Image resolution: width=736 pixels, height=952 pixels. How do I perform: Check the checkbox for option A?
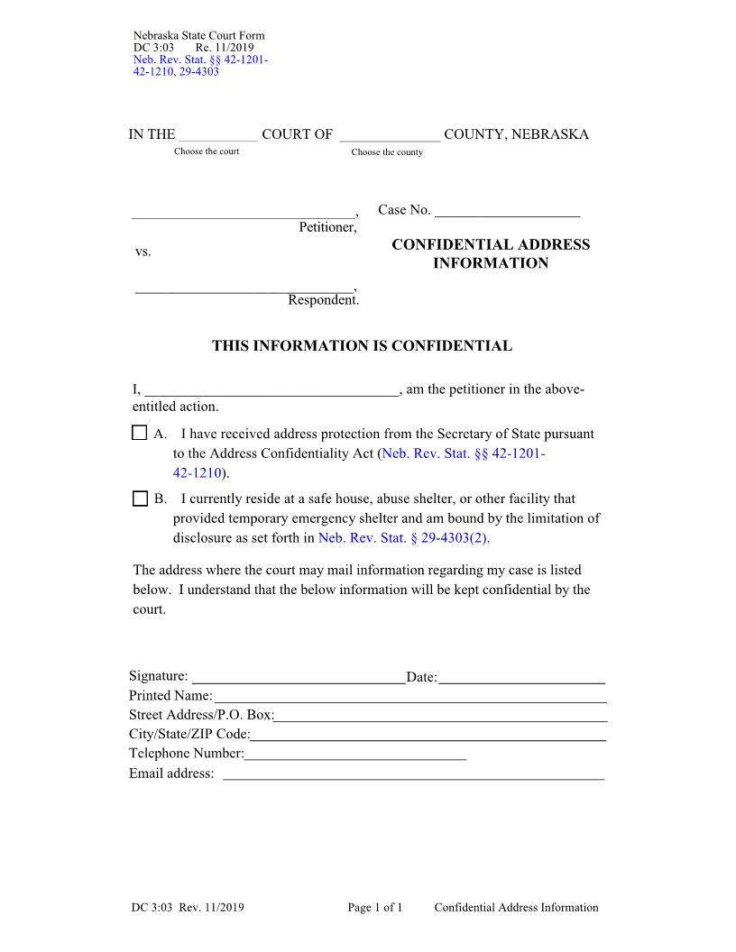coord(139,434)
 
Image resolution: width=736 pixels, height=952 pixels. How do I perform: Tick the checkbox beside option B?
coord(139,499)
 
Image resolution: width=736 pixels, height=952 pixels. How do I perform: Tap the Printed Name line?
coord(409,698)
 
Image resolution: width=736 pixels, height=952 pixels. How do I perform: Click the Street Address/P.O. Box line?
coord(440,717)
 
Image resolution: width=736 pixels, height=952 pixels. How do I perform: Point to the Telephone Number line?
coord(355,755)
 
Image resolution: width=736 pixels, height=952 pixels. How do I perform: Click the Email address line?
coord(413,774)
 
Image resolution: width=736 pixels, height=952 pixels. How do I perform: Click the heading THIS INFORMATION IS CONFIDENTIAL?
coord(362,346)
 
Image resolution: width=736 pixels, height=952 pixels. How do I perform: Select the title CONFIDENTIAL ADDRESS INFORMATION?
coord(491,254)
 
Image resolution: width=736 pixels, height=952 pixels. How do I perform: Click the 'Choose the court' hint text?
coord(207,151)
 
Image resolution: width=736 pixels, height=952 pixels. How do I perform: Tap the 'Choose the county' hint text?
coord(387,152)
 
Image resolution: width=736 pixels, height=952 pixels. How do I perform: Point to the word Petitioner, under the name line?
coord(327,227)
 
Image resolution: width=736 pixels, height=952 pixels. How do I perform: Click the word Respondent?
coord(323,300)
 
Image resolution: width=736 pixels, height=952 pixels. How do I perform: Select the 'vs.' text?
coord(143,252)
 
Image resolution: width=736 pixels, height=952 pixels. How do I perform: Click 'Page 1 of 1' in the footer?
coord(374,908)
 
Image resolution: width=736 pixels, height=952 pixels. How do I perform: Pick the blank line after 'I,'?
coord(270,391)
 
